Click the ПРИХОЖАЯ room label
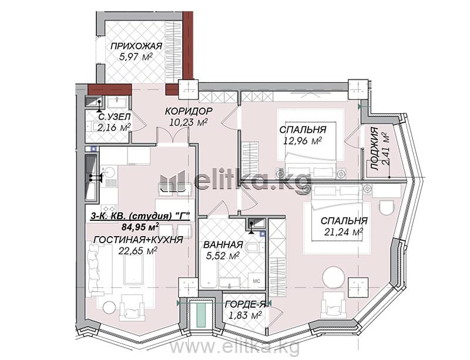click(136, 46)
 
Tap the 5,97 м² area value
click(136, 56)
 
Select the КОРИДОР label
click(189, 111)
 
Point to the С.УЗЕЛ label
click(114, 117)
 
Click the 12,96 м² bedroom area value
click(303, 140)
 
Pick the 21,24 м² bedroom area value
click(344, 231)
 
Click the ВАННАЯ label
click(223, 244)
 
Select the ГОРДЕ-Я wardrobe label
click(246, 305)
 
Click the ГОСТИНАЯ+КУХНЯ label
click(138, 240)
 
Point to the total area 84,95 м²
click(140, 227)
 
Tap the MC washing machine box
click(256, 281)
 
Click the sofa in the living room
click(95, 270)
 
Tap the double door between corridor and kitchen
click(172, 136)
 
